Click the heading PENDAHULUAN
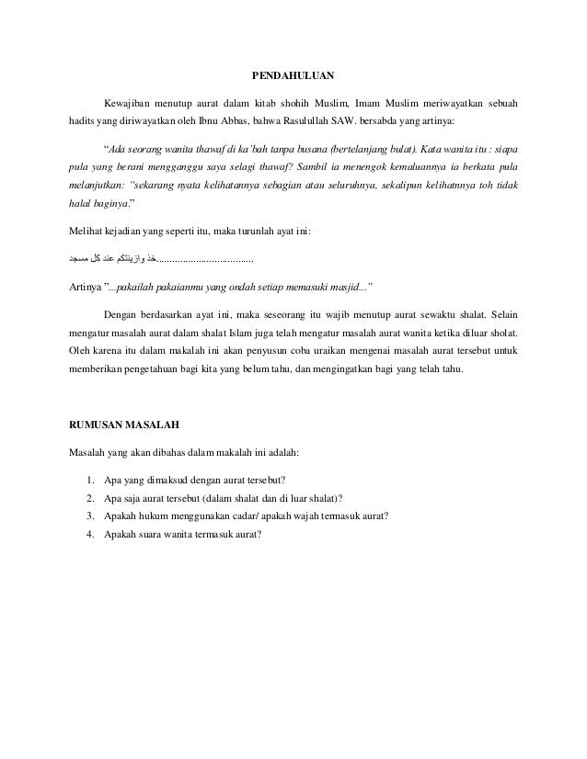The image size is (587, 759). point(293,75)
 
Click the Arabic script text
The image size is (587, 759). point(114,260)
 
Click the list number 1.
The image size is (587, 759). point(87,479)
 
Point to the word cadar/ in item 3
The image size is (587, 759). point(240,515)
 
